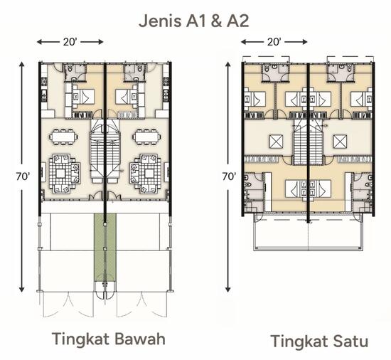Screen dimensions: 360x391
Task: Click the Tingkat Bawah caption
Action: pyautogui.click(x=108, y=339)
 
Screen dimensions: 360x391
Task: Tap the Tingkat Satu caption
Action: pyautogui.click(x=318, y=342)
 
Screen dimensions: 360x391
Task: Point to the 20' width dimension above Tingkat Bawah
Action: pyautogui.click(x=70, y=42)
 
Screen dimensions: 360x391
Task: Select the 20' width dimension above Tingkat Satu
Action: pyautogui.click(x=274, y=42)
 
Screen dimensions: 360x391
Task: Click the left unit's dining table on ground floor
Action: pyautogui.click(x=65, y=134)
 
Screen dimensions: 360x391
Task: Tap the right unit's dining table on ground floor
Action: pyautogui.click(x=146, y=134)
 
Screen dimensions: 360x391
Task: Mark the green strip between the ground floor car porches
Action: pyautogui.click(x=105, y=249)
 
